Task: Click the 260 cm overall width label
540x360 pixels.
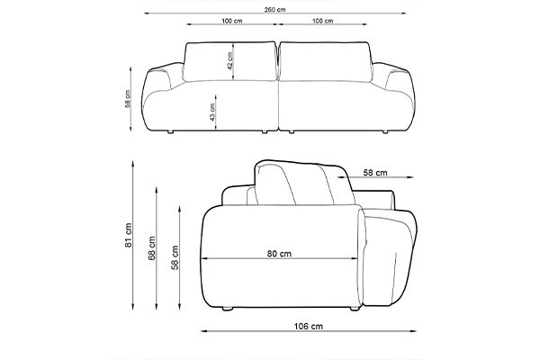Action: coord(274,10)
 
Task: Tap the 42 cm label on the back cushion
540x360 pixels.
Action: coord(230,61)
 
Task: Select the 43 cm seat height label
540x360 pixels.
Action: coord(212,112)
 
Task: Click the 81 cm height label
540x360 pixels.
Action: coord(128,235)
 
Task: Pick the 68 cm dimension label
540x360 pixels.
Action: coord(152,248)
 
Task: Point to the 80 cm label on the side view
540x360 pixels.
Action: coord(279,254)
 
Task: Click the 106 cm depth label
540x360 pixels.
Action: coord(309,326)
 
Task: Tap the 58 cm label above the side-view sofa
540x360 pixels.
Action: coord(375,173)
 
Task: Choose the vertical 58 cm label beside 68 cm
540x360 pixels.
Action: coord(175,257)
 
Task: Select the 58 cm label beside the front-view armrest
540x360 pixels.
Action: coord(128,99)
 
